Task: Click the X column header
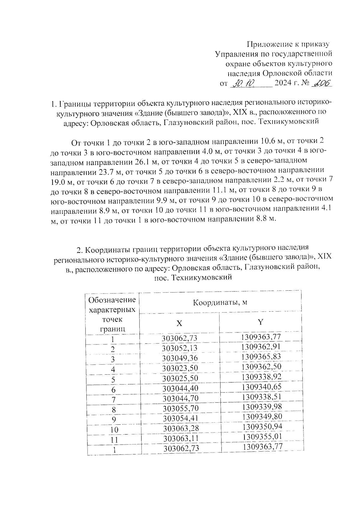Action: (x=179, y=323)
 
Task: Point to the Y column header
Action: (x=261, y=322)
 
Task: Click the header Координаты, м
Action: (x=220, y=302)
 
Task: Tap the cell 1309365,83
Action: (x=261, y=357)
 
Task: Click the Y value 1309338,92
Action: (x=261, y=377)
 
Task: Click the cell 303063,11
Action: (x=181, y=439)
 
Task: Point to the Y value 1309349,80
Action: (x=262, y=417)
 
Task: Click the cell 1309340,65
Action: (x=262, y=387)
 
